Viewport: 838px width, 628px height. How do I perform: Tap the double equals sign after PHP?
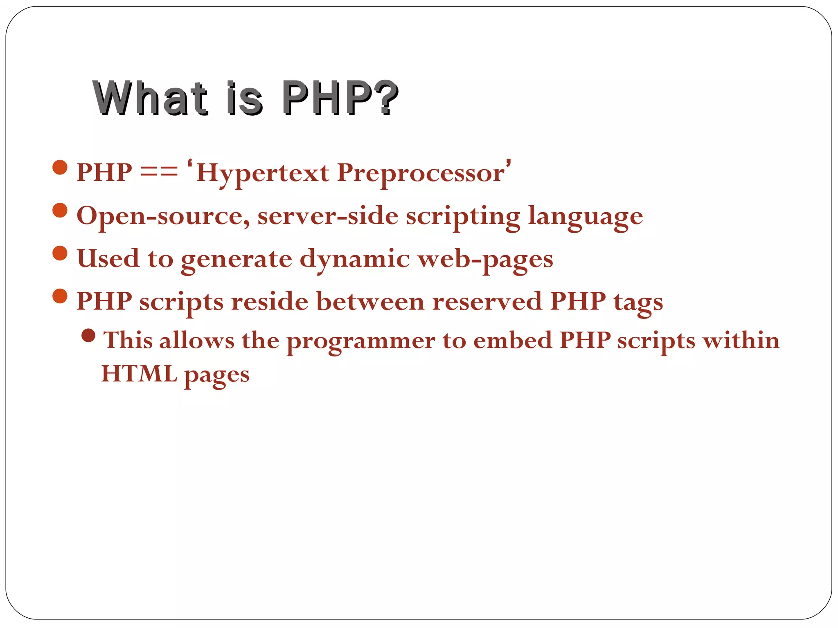click(159, 172)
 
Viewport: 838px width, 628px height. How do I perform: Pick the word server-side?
click(328, 215)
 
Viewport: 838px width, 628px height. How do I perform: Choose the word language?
click(586, 216)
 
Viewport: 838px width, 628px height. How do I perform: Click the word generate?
click(237, 259)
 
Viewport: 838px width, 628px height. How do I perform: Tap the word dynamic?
click(354, 259)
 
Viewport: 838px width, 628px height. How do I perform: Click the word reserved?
click(487, 301)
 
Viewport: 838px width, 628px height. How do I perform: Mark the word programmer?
click(360, 341)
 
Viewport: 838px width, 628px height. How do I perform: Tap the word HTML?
click(139, 374)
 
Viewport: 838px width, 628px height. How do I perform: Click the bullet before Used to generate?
click(60, 253)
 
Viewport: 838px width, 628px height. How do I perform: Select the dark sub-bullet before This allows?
click(88, 336)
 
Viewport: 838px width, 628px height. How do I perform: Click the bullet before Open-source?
click(60, 210)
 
